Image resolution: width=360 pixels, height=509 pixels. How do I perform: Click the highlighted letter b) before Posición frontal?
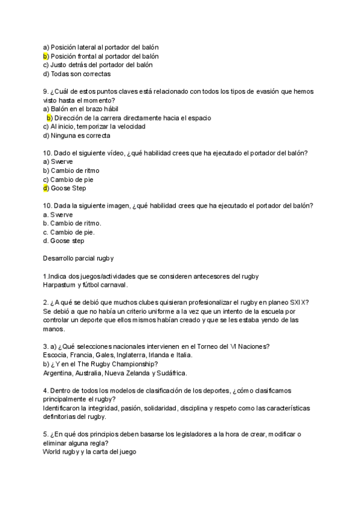46,56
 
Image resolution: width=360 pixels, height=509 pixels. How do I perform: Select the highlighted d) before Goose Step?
46,188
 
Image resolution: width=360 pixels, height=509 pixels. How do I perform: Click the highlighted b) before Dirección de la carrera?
49,118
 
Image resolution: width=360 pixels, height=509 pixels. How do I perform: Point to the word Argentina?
58,372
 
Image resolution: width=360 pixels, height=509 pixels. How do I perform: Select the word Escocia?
56,355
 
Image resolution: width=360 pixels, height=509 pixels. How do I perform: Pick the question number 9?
46,91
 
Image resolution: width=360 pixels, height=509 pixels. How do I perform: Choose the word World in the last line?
52,451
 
